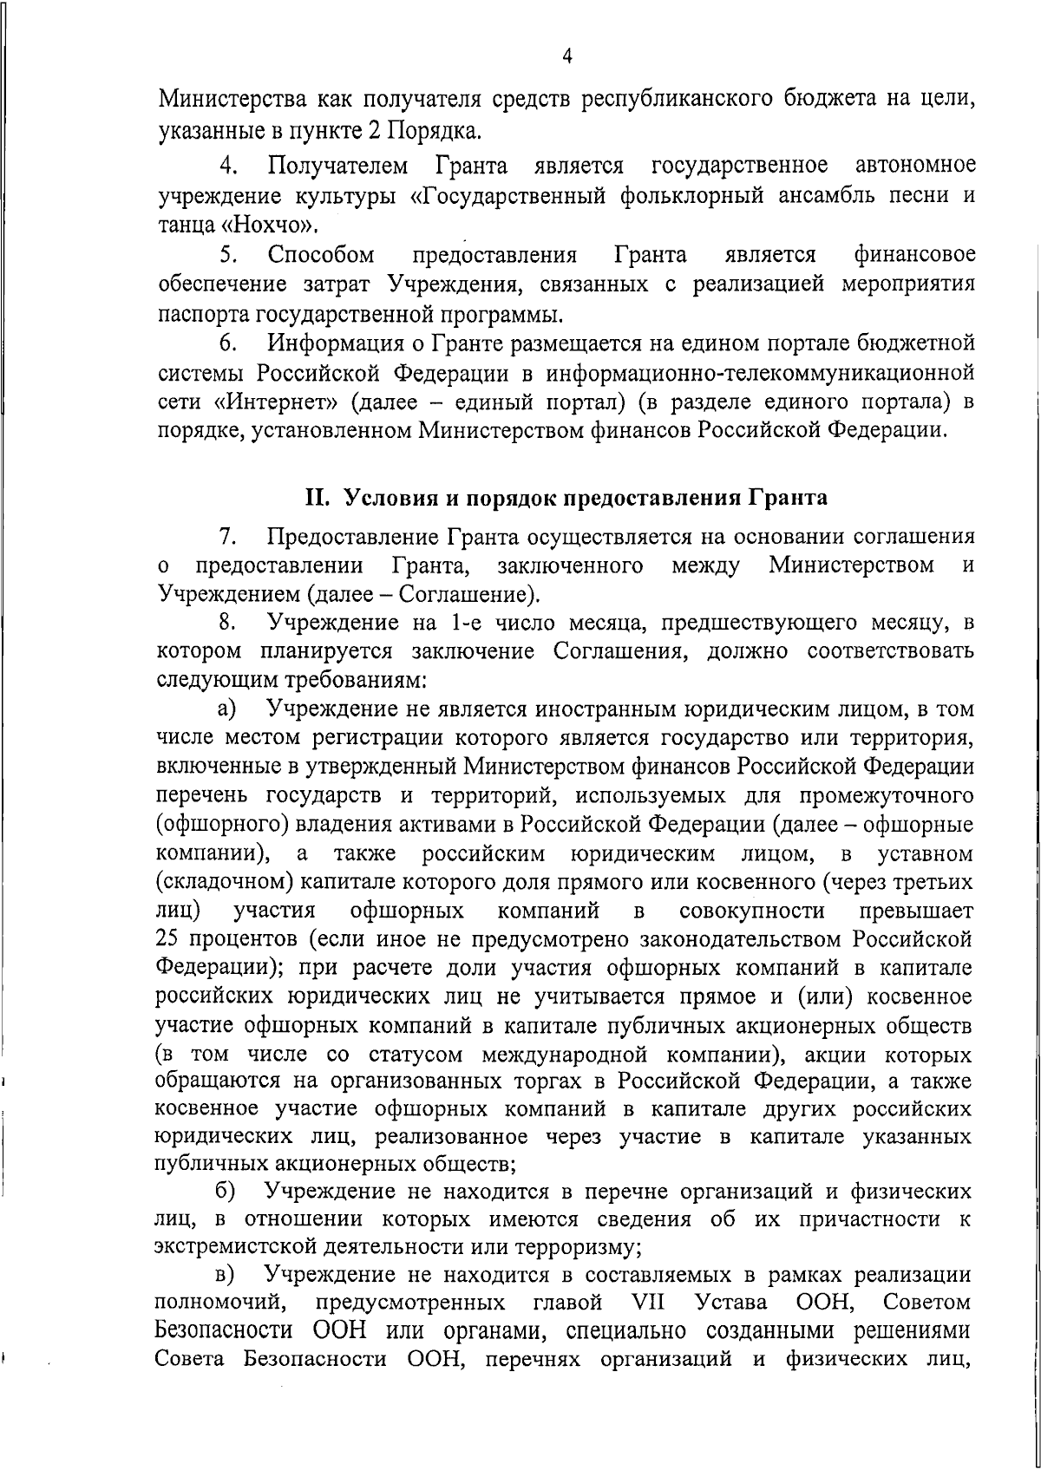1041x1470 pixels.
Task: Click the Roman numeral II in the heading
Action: click(314, 499)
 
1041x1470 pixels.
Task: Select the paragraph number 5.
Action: click(227, 255)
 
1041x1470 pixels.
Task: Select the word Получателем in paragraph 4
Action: click(337, 165)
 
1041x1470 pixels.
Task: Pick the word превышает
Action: click(915, 911)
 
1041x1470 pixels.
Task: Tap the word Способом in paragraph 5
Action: click(322, 255)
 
